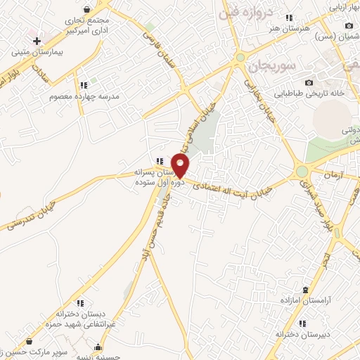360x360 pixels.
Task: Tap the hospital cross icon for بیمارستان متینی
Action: click(x=37, y=41)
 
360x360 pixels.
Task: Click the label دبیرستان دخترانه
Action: click(x=302, y=334)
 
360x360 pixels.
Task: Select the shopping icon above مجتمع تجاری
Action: click(x=86, y=10)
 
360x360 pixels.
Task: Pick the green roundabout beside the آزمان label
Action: click(x=302, y=171)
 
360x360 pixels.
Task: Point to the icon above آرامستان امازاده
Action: click(x=304, y=290)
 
